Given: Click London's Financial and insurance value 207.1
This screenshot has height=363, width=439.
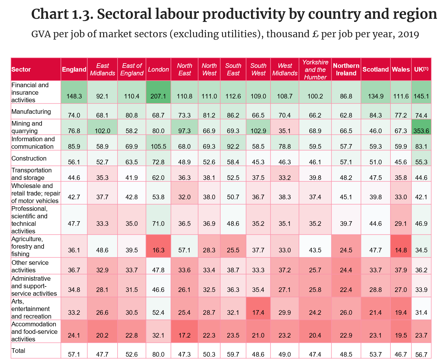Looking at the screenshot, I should click(158, 96).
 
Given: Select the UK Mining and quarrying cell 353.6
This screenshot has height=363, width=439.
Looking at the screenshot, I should click(421, 131).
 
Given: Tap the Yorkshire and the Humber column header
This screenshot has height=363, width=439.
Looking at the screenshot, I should click(315, 70).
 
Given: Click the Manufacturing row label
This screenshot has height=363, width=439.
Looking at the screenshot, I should click(31, 111).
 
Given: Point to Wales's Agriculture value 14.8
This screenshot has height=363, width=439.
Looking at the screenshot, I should click(400, 250).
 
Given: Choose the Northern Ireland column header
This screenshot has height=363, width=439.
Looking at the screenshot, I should click(346, 70).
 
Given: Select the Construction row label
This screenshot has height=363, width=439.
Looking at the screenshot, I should click(29, 158).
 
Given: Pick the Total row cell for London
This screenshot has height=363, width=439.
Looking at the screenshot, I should click(158, 354).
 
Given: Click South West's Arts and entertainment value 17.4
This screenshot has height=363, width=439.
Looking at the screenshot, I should click(258, 312).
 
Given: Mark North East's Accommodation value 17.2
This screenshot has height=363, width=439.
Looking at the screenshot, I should click(185, 335).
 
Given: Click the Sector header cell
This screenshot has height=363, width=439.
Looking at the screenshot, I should click(21, 70).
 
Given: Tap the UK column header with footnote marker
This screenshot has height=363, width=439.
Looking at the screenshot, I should click(421, 70).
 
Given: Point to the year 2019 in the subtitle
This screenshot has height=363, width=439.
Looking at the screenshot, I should click(408, 34).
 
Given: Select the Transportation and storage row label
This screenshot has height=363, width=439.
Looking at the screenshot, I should click(31, 174).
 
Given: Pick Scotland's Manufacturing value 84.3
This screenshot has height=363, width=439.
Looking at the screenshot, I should click(375, 115).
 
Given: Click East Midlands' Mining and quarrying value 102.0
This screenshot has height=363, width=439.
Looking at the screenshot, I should click(102, 131).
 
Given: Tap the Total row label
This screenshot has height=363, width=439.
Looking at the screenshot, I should click(18, 351).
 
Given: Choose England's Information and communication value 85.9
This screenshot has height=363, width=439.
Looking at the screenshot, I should click(74, 146).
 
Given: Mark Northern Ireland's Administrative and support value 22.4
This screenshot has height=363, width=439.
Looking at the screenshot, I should click(346, 290).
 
